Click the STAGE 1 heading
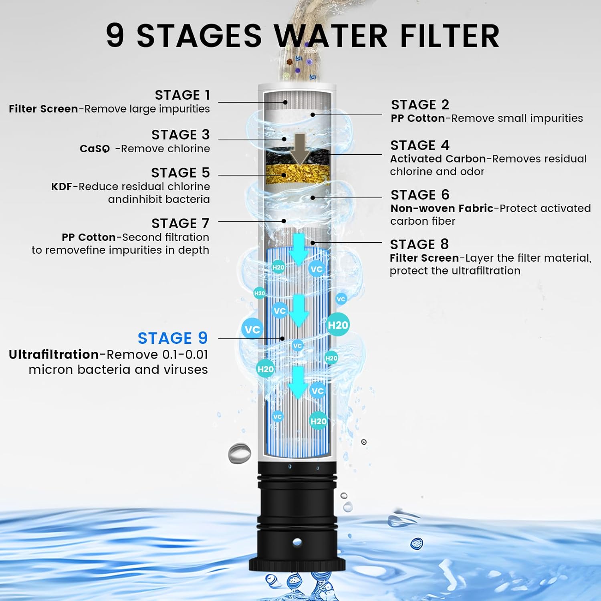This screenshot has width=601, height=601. (x=182, y=95)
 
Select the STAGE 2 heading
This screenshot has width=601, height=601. (x=420, y=105)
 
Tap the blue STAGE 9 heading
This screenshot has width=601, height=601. (x=173, y=338)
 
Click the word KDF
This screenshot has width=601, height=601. (x=62, y=187)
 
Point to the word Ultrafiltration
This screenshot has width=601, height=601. (x=54, y=355)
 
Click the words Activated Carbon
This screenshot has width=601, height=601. (x=438, y=159)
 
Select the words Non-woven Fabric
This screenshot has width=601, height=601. (x=442, y=208)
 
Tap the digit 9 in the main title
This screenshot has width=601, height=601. (x=115, y=35)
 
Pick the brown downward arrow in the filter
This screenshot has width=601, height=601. (x=300, y=149)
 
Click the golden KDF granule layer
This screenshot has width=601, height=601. (x=298, y=174)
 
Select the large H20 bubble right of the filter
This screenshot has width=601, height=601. (x=338, y=325)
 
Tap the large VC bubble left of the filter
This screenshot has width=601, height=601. (x=252, y=329)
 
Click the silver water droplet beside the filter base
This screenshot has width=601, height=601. (x=239, y=453)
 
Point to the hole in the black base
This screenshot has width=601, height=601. (x=297, y=542)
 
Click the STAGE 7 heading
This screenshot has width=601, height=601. (x=180, y=223)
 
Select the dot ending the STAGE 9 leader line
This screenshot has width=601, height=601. (x=282, y=339)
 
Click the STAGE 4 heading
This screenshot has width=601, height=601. (x=420, y=145)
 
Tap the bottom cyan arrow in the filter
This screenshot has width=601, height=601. (x=298, y=382)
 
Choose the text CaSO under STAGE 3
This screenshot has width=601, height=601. (x=95, y=149)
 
